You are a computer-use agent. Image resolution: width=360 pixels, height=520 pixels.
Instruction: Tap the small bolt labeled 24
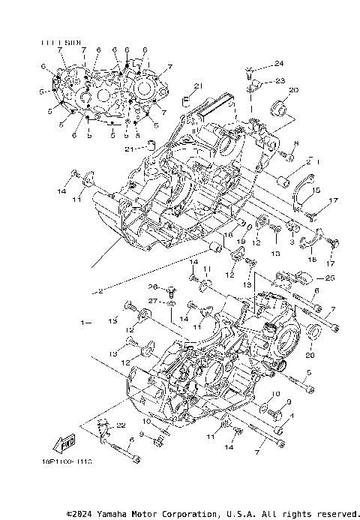(x=249, y=73)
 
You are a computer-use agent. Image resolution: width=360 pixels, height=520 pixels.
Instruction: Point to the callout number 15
(x=316, y=190)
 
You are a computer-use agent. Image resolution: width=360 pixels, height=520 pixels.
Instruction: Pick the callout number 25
(x=331, y=278)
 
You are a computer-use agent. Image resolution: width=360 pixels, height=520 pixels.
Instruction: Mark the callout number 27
(x=151, y=301)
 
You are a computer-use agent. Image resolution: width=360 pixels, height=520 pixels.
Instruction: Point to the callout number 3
(x=291, y=242)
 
